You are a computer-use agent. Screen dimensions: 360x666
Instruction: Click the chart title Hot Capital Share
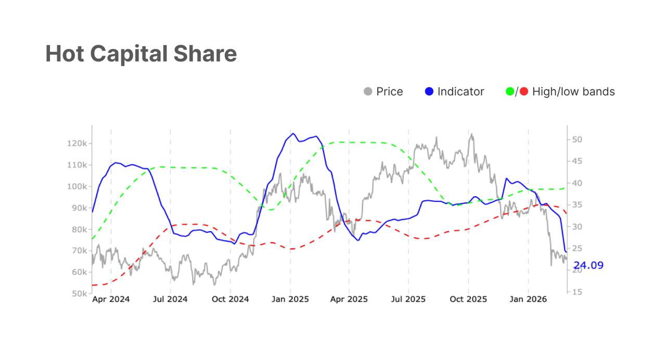141,54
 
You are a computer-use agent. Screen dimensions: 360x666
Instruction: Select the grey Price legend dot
368,92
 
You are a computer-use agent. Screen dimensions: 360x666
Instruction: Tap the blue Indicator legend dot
429,92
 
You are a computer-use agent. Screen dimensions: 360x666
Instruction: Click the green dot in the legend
510,92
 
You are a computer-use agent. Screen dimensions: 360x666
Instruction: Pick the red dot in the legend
523,92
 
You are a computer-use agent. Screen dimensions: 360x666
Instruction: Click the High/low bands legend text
573,92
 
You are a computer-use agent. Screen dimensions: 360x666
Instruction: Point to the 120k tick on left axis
77,144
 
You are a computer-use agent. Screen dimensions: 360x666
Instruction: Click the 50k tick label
79,293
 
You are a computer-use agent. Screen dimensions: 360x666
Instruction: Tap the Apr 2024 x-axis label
111,299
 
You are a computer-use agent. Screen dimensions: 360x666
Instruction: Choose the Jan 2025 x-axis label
290,299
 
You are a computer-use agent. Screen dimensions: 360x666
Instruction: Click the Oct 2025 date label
468,299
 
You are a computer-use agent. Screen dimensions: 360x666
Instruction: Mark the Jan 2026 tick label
528,299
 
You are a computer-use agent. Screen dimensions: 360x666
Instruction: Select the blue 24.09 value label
588,265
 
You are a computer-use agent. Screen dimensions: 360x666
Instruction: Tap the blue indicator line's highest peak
293,134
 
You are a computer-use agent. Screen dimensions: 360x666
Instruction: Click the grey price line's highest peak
471,134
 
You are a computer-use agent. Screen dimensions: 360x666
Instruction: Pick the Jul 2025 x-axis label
408,299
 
